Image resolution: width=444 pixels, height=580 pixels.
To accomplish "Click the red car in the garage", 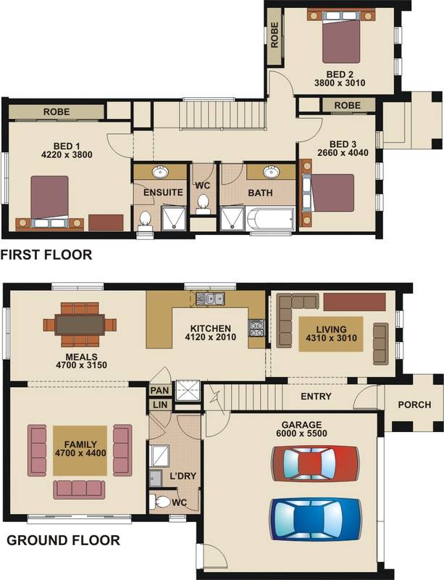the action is pyautogui.click(x=315, y=463).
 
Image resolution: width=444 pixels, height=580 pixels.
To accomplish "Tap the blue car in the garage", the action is pyautogui.click(x=315, y=519).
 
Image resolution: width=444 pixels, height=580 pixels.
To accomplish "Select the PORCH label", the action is pyautogui.click(x=414, y=405).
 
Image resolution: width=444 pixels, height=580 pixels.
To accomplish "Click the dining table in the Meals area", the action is pyautogui.click(x=80, y=325).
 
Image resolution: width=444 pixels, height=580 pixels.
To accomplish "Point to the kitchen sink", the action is pyautogui.click(x=209, y=298).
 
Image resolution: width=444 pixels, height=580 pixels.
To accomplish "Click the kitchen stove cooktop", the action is pyautogui.click(x=256, y=328).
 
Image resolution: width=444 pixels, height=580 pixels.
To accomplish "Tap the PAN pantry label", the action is pyautogui.click(x=159, y=390).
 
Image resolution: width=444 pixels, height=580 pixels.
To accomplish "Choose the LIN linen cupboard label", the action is pyautogui.click(x=160, y=405).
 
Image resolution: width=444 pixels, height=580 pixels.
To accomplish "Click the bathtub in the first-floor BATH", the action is pyautogui.click(x=271, y=220).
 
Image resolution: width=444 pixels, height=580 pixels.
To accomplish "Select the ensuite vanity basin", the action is pyautogui.click(x=160, y=172).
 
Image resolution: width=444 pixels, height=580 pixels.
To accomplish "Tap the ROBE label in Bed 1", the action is pyautogui.click(x=56, y=112).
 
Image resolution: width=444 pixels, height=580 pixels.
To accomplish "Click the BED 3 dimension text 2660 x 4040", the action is pyautogui.click(x=343, y=152).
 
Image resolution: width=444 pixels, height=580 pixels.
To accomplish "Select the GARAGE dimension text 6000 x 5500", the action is pyautogui.click(x=301, y=433).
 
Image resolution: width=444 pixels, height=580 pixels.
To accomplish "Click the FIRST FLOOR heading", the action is pyautogui.click(x=46, y=254).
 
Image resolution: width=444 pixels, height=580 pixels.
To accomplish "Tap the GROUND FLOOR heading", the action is pyautogui.click(x=63, y=540).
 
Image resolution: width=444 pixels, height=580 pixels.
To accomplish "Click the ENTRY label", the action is pyautogui.click(x=316, y=397).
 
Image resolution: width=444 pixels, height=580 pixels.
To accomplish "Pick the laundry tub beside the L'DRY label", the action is pyautogui.click(x=156, y=478).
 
